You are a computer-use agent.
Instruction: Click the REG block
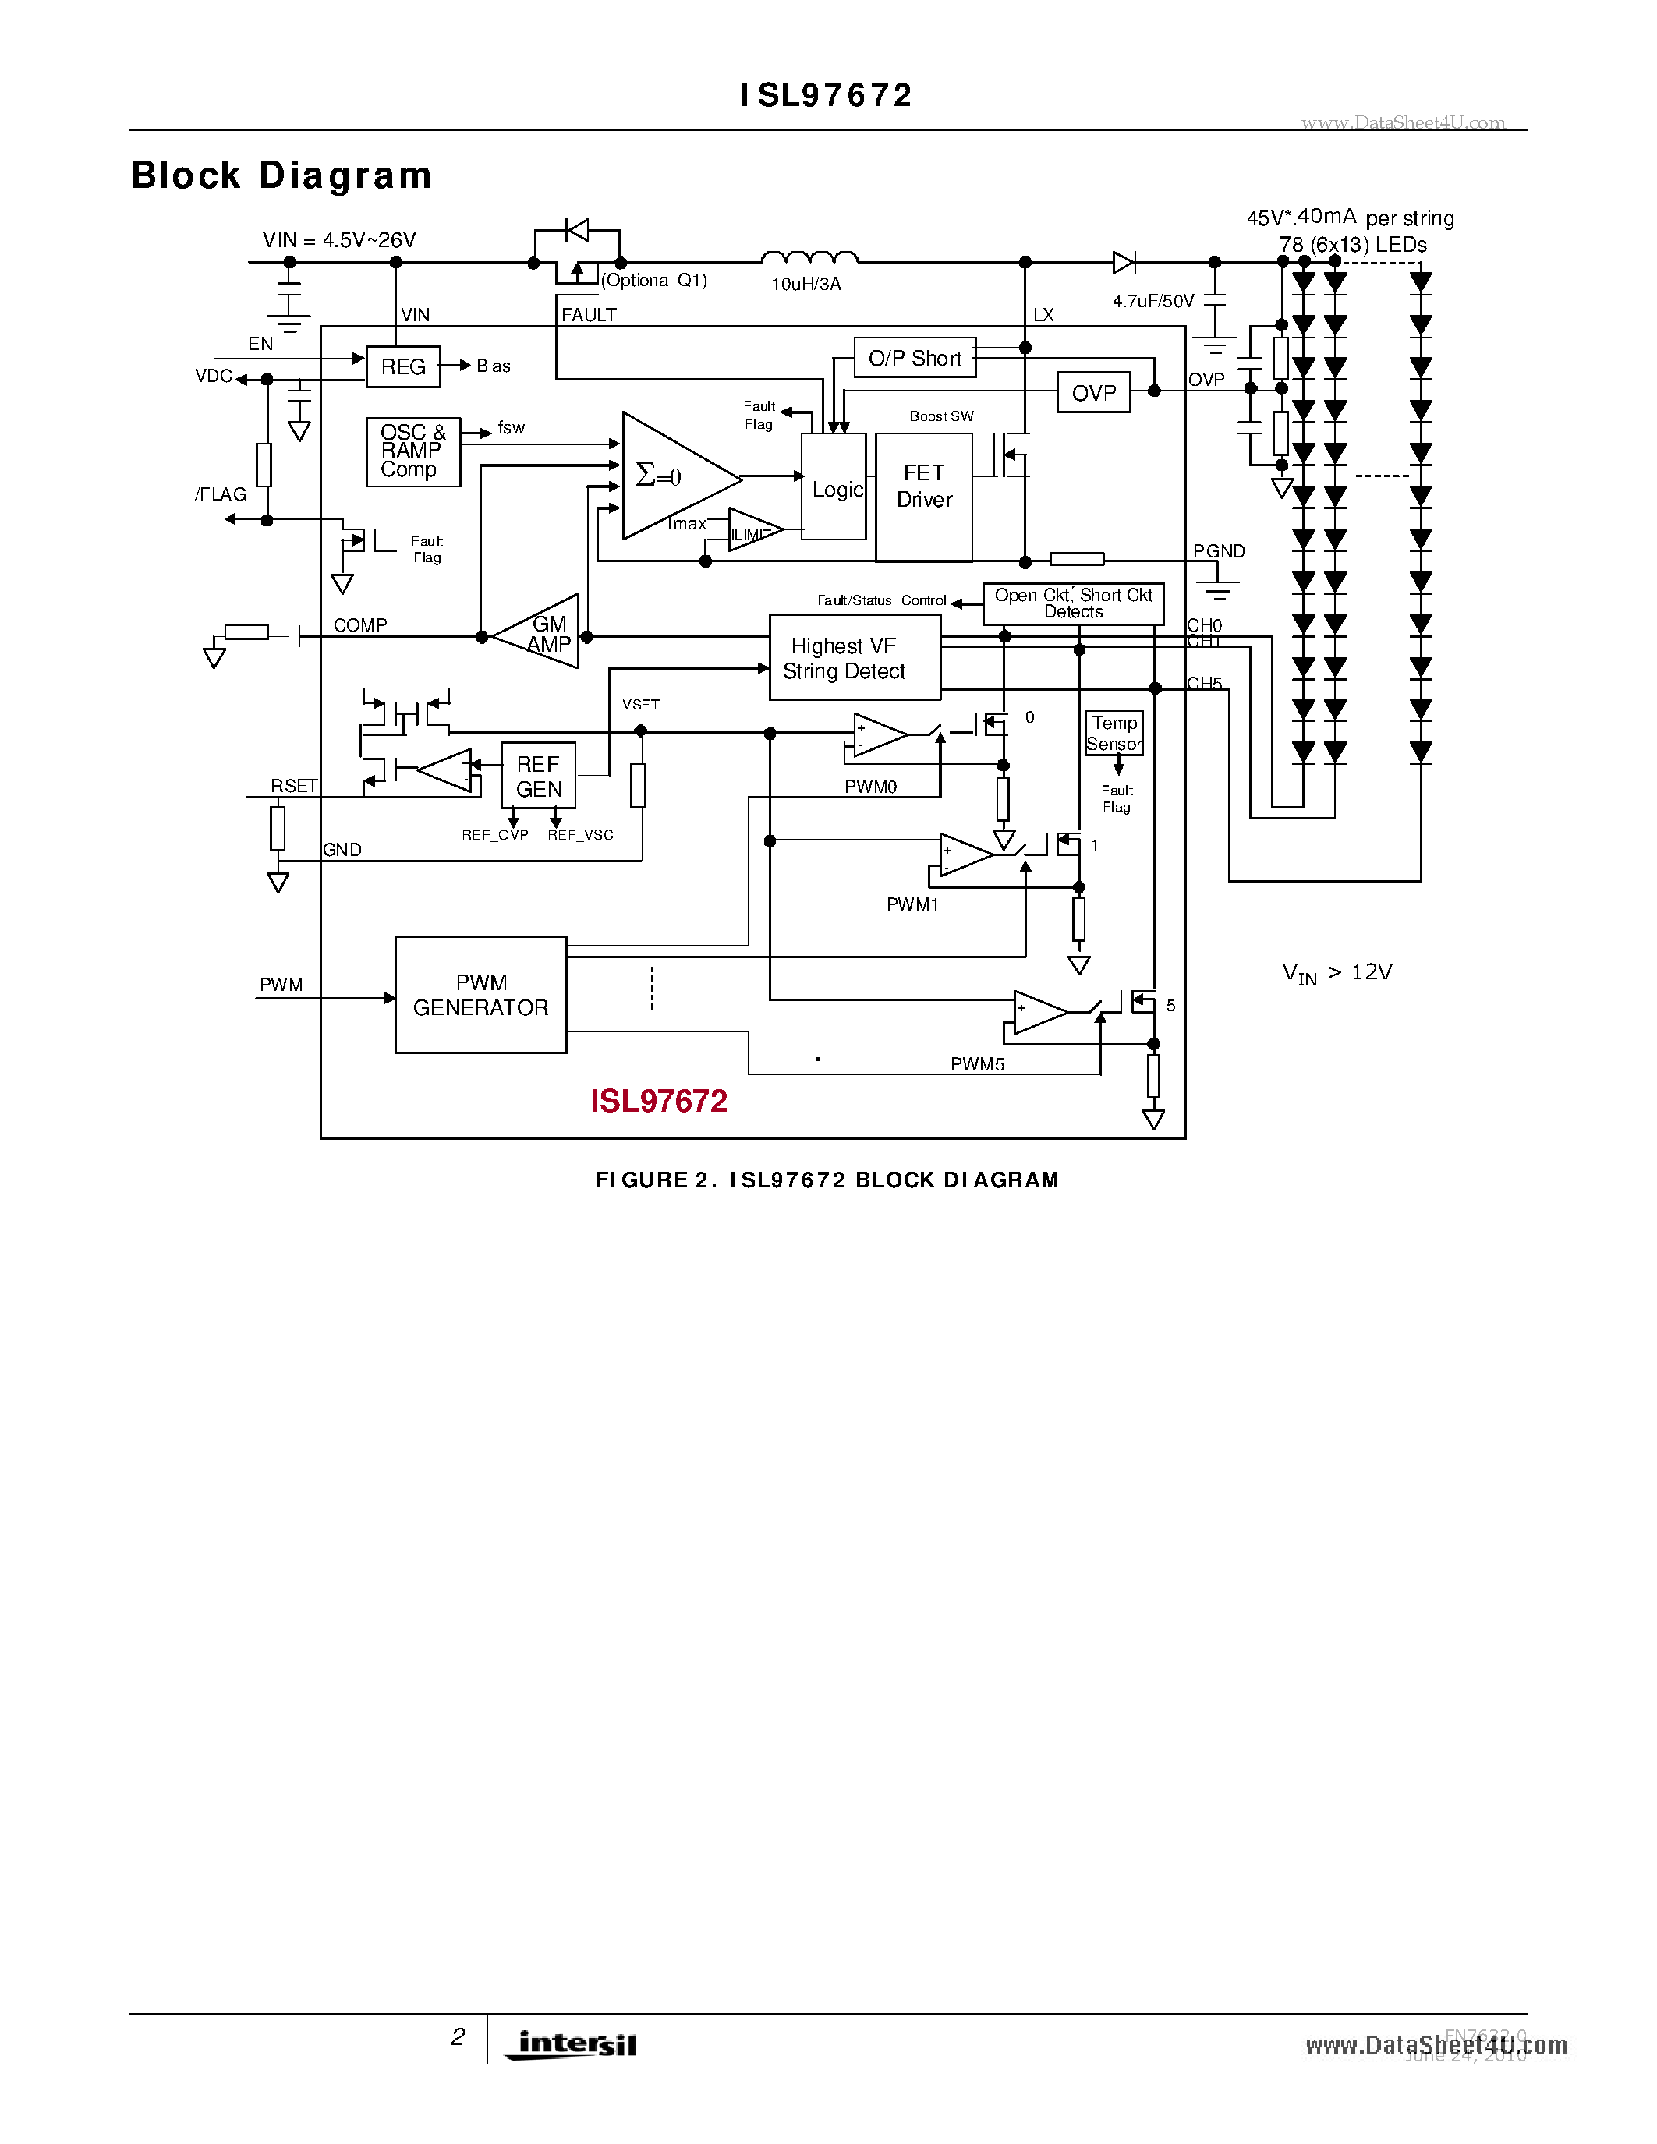coord(402,367)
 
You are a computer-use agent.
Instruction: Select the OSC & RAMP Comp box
coord(413,451)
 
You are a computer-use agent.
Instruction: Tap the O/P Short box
coord(914,359)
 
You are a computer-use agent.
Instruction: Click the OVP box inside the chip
coord(1093,393)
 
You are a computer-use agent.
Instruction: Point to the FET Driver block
coord(924,497)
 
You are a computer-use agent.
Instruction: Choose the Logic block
coord(834,488)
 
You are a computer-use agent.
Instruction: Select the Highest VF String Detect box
coord(854,658)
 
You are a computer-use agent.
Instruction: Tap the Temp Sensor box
coord(1114,734)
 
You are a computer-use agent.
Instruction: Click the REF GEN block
coord(538,776)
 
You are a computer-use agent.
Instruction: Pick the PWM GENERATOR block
coord(481,995)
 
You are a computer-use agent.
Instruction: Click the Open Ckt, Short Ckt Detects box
coord(1073,603)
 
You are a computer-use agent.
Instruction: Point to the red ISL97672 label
coord(659,1101)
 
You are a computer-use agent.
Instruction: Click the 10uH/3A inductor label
coord(806,285)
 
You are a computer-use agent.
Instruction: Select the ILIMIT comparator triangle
coord(752,531)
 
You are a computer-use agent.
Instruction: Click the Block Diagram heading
coord(281,175)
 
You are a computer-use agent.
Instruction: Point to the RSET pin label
coord(293,785)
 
